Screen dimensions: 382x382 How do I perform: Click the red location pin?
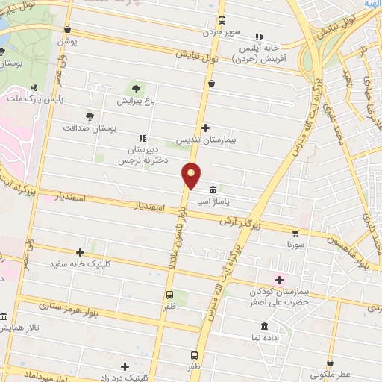tap(192, 175)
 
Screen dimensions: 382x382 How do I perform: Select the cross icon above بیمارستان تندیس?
tap(206, 128)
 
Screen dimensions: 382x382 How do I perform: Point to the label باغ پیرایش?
tap(136, 99)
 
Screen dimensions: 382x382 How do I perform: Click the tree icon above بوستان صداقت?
tap(90, 116)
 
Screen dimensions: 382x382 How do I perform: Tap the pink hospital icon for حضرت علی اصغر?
tap(280, 281)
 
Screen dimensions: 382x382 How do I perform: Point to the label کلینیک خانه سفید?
tap(79, 264)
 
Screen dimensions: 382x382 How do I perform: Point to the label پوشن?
tap(68, 42)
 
